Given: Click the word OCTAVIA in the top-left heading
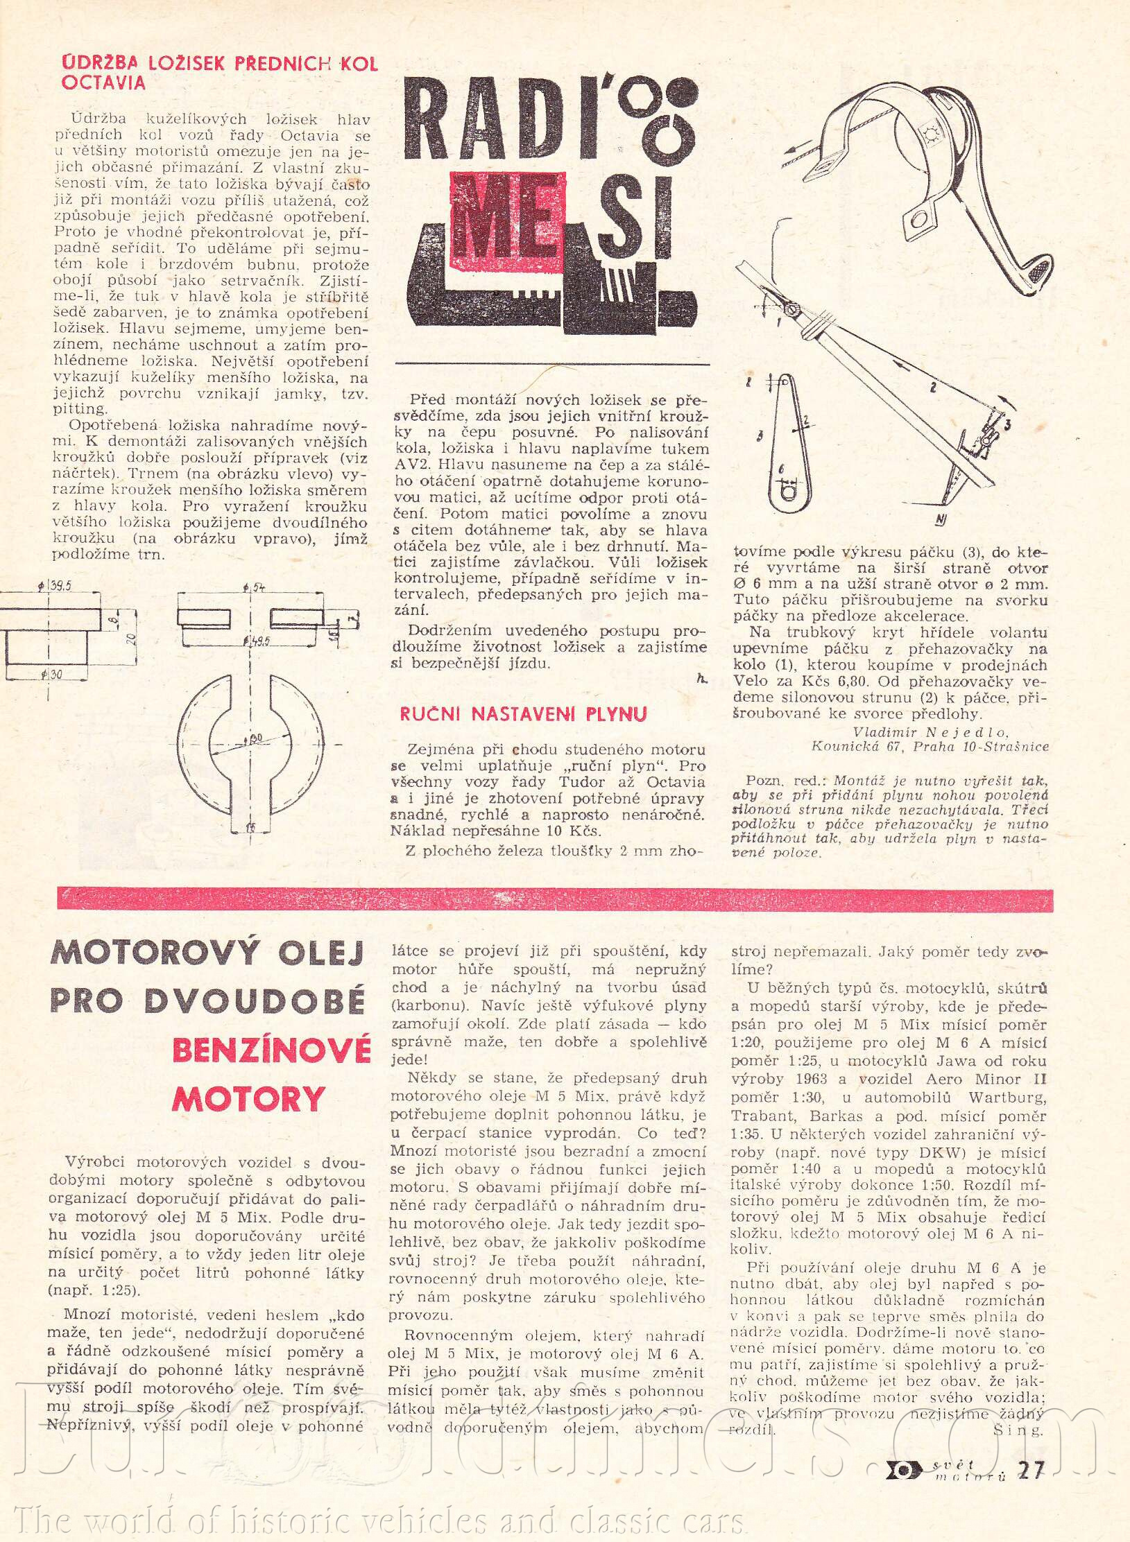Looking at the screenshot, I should click(x=103, y=83).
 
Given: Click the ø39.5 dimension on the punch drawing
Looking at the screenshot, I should click(x=55, y=586).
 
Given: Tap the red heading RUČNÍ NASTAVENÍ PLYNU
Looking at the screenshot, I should click(x=523, y=714).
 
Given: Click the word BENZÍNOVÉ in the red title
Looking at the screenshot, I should click(x=271, y=1050).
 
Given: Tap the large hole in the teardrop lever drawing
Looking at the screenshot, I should click(x=787, y=493).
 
